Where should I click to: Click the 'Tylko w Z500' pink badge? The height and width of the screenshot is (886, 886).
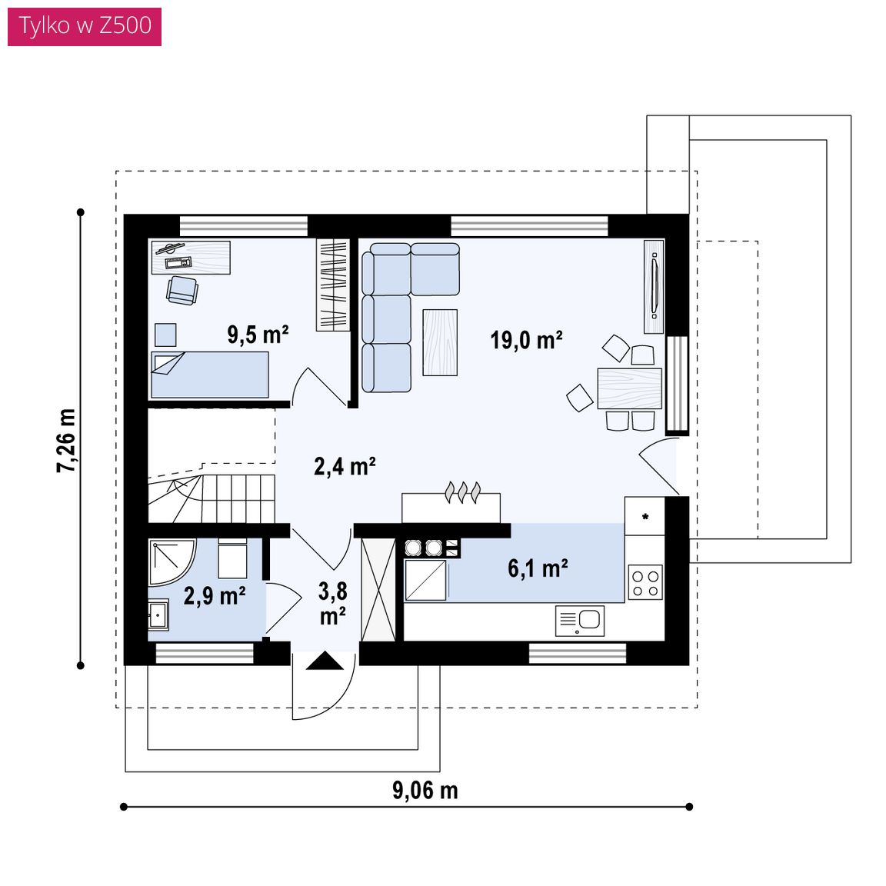click(x=84, y=26)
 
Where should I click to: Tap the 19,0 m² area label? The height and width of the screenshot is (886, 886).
click(x=526, y=340)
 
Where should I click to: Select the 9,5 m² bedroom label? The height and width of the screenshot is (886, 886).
click(x=258, y=334)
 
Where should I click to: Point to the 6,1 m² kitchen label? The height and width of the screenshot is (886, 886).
click(x=538, y=568)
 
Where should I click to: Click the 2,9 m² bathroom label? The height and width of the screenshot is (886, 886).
click(x=215, y=595)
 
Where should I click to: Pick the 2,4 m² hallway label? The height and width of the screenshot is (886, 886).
click(x=345, y=466)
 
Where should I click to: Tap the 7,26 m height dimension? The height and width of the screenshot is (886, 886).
click(x=65, y=440)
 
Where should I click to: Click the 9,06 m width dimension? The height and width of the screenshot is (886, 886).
click(x=425, y=791)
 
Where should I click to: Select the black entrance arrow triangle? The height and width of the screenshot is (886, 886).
click(x=325, y=661)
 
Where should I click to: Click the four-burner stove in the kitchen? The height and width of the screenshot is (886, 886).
click(x=645, y=583)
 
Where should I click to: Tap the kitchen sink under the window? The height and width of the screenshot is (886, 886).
click(x=580, y=621)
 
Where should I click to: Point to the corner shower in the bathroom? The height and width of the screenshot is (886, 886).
click(x=172, y=561)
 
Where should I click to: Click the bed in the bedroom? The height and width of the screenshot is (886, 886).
click(x=210, y=375)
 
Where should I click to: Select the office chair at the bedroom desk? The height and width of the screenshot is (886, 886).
click(x=182, y=291)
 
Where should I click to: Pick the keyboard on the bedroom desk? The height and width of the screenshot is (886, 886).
click(x=178, y=262)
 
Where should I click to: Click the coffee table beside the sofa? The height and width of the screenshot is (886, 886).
click(x=440, y=342)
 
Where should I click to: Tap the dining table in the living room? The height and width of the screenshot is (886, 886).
click(x=629, y=388)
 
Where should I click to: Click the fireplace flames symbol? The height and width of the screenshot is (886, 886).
click(x=463, y=491)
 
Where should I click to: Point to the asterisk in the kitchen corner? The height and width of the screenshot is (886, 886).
click(x=645, y=517)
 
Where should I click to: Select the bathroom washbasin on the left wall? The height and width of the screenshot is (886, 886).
click(x=158, y=615)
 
